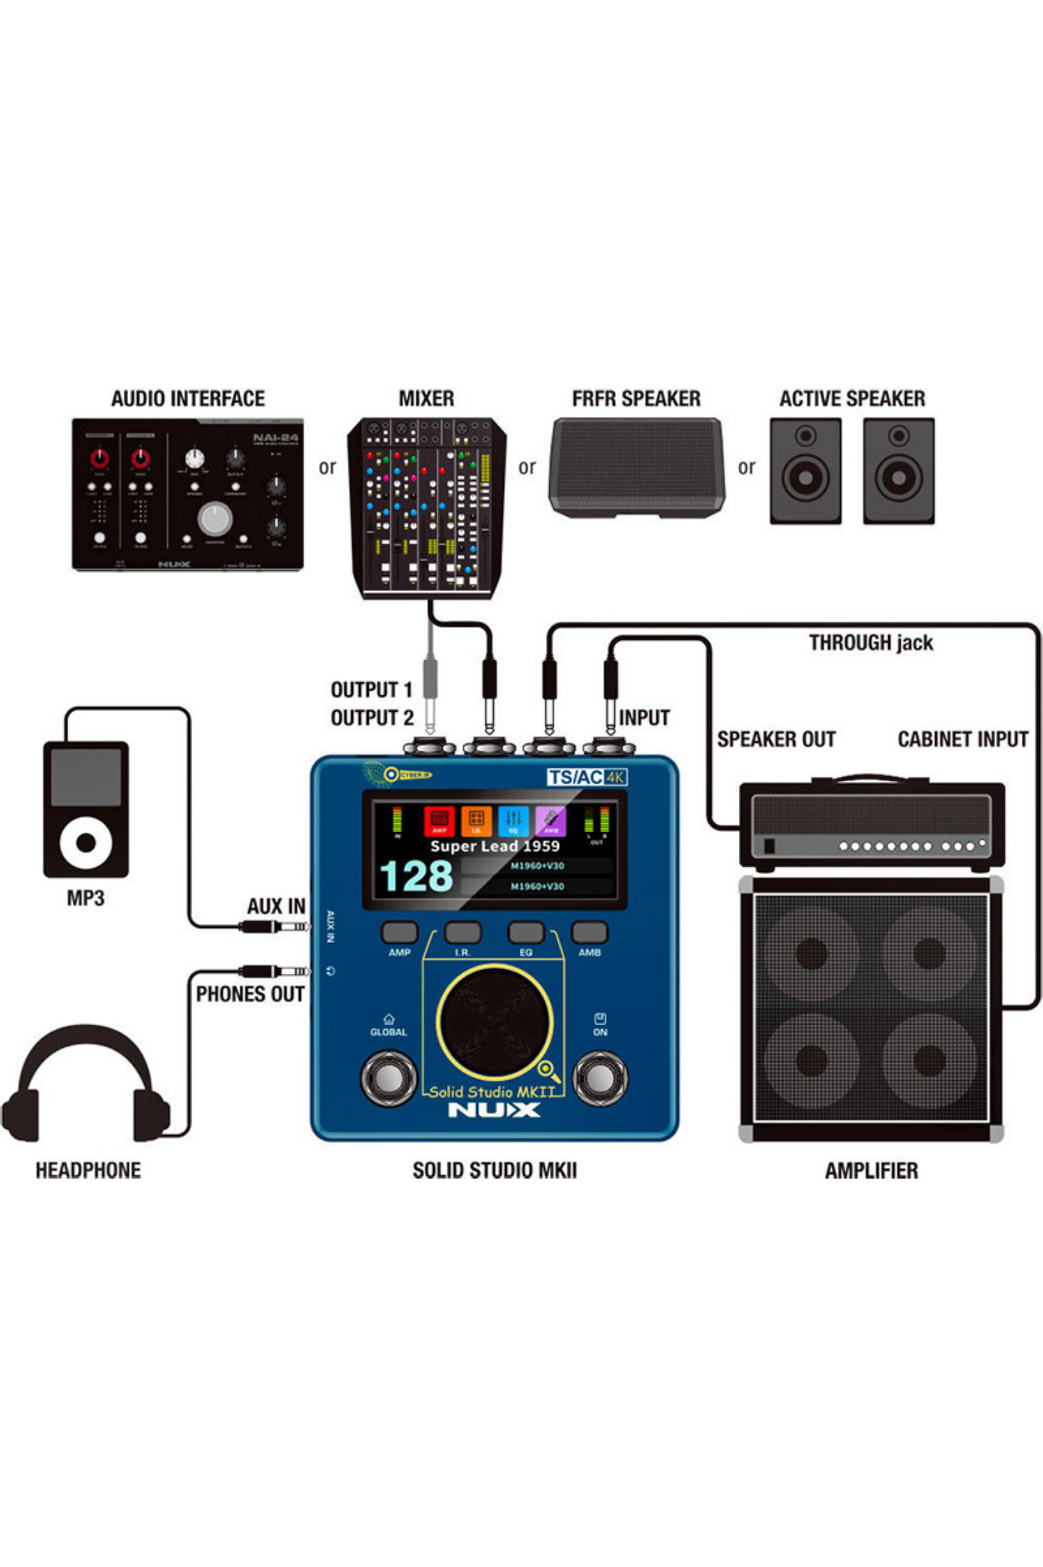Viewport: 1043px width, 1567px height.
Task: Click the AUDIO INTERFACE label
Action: click(x=188, y=398)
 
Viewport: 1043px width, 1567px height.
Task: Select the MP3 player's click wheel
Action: click(x=85, y=842)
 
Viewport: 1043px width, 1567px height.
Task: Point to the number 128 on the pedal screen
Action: click(x=416, y=876)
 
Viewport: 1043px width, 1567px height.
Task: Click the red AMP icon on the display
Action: click(x=439, y=821)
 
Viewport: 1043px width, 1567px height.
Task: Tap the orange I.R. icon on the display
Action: click(x=476, y=821)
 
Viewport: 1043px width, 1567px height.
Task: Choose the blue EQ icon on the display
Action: click(x=513, y=821)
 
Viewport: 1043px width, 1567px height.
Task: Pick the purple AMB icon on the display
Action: click(x=551, y=821)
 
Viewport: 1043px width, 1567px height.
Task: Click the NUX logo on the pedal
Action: click(x=494, y=1110)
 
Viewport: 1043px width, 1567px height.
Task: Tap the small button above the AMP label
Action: click(x=399, y=932)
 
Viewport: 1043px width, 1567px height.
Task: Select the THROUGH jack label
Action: click(x=871, y=643)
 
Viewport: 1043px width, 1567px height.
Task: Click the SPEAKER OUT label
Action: click(x=776, y=739)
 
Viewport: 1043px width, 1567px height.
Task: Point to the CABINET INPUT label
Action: click(x=963, y=739)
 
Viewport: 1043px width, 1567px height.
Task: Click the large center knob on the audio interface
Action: click(x=215, y=518)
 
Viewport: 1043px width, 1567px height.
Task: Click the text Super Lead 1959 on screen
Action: click(x=495, y=846)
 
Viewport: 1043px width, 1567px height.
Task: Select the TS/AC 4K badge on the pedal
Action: click(x=587, y=777)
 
